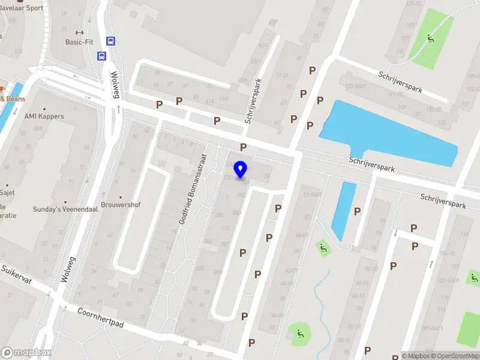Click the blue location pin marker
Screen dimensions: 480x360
tap(241, 169)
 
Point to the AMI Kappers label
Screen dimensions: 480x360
tap(44, 116)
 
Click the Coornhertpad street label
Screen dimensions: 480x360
tap(100, 319)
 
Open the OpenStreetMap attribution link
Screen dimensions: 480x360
tap(452, 356)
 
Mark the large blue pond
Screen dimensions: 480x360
tap(390, 132)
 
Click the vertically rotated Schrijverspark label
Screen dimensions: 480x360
tap(254, 101)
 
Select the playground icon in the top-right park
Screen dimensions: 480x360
tap(430, 39)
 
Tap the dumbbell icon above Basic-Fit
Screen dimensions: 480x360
tap(79, 32)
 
